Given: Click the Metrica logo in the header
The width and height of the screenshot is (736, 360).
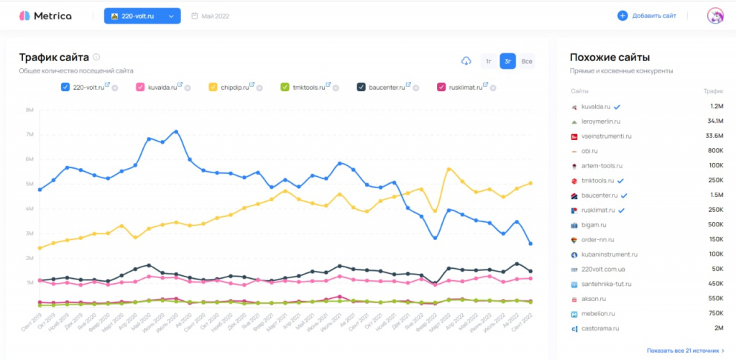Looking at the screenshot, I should [45, 16].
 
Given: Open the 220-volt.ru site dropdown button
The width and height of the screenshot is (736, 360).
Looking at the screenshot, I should [142, 16].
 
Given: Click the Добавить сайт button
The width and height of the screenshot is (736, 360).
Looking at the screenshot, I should [646, 16].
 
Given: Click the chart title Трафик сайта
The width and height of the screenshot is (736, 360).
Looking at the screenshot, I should [54, 57].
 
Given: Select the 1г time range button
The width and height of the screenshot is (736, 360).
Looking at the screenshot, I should [489, 61].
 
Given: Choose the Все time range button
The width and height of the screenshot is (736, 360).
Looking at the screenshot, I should [527, 61].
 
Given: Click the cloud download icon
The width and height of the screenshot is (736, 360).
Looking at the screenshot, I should [466, 61].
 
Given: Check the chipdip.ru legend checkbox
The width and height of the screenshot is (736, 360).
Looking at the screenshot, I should [213, 88].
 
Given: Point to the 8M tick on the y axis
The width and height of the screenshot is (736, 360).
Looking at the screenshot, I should [29, 110].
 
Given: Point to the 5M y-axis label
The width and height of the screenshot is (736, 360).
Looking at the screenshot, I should [29, 184].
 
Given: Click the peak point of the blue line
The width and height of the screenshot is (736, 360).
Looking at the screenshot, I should [175, 131].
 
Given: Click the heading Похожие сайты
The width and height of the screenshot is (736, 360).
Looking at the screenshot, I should [609, 57].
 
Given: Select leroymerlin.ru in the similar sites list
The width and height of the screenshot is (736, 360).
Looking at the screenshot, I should [602, 121].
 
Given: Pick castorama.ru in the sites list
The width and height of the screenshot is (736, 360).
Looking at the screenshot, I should [601, 328].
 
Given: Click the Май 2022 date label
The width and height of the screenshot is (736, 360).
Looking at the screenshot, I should [216, 16].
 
